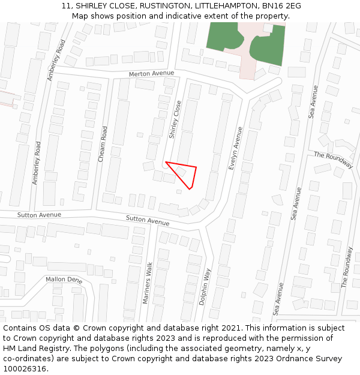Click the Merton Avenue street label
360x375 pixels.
click(151, 74)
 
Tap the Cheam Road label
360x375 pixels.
click(103, 144)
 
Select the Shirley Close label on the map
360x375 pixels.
click(175, 119)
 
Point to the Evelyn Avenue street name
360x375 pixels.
click(236, 148)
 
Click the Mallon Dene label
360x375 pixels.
click(64, 280)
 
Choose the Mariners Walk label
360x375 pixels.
click(148, 282)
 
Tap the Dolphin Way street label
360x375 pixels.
click(205, 287)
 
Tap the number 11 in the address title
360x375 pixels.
click(66, 6)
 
